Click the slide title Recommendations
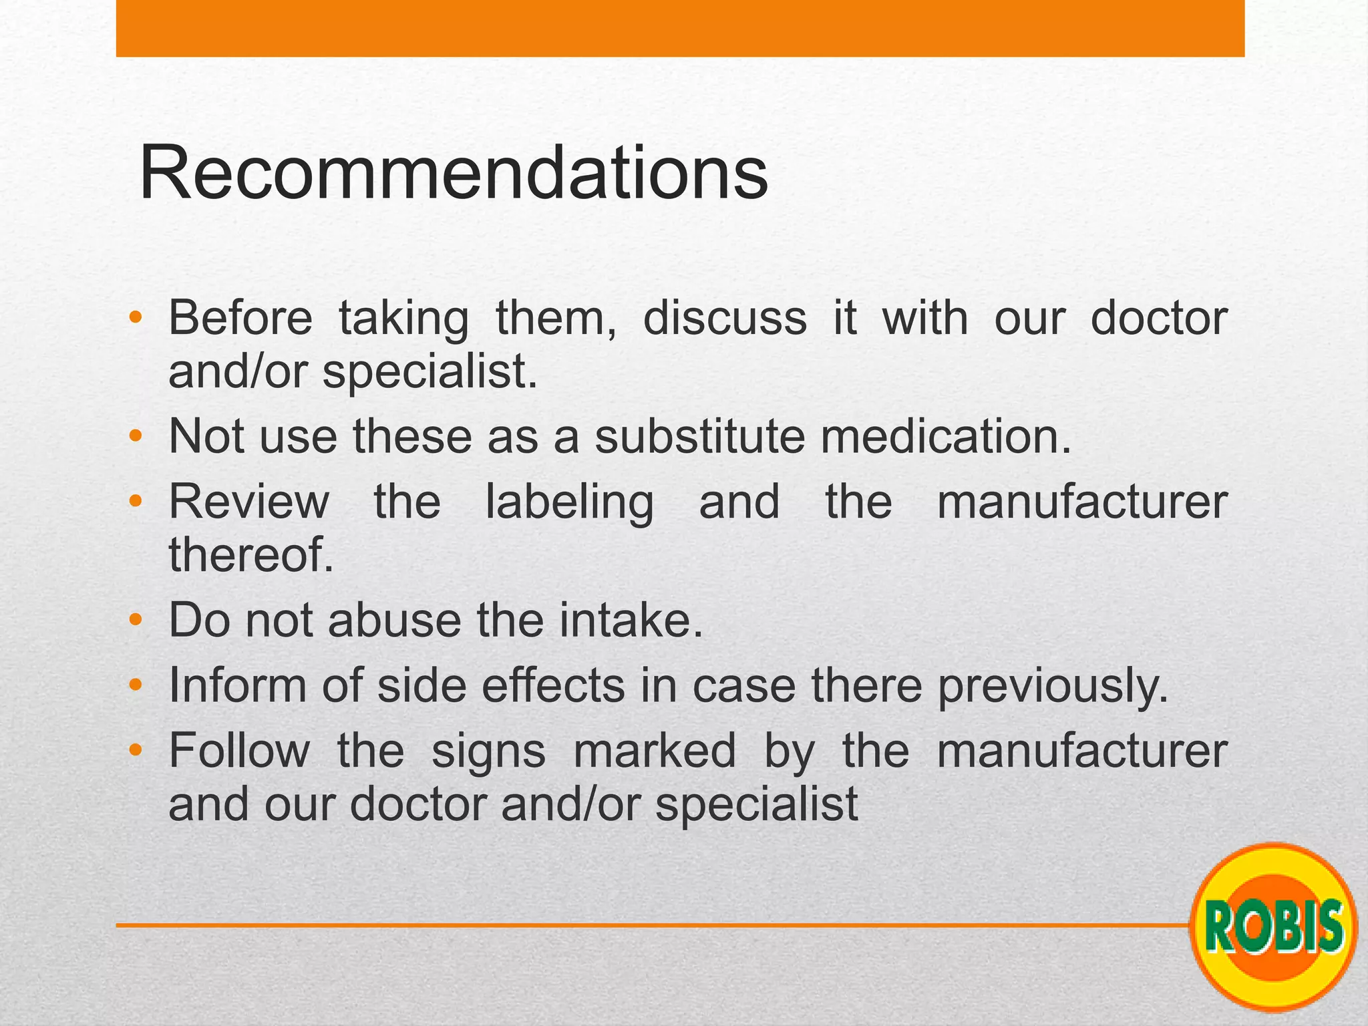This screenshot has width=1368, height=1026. pos(454,174)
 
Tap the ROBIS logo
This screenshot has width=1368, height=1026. pos(1274,926)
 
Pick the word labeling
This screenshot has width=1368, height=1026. pos(569,502)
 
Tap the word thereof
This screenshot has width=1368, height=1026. pos(250,554)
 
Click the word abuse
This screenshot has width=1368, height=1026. pos(394,621)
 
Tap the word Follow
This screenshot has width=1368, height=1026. pos(239,751)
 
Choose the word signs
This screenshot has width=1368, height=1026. pos(488,751)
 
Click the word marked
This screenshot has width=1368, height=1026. pos(655,751)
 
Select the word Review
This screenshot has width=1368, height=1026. pos(249,502)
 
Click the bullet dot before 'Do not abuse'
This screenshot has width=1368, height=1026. pos(136,621)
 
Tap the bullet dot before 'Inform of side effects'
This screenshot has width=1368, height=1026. pos(136,685)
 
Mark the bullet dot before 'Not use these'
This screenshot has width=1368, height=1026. pos(136,436)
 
